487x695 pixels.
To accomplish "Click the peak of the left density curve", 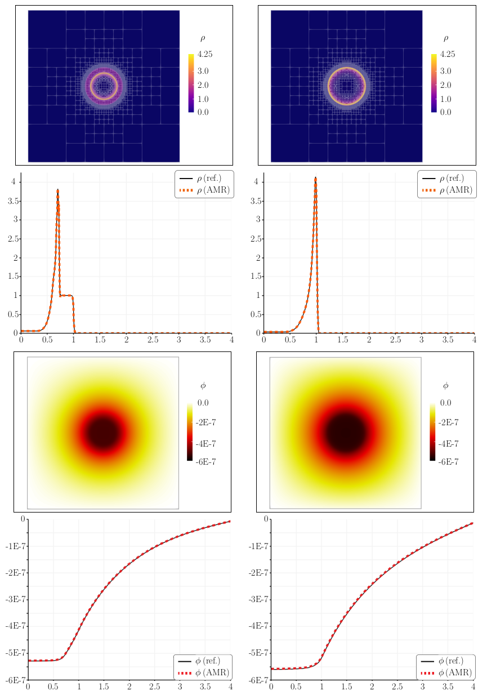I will coord(57,190).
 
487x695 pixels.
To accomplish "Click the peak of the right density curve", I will coord(316,178).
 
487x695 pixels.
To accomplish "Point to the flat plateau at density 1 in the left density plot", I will coord(67,295).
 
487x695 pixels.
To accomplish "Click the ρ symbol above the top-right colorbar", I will coord(446,38).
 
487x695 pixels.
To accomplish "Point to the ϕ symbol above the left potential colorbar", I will coord(203,386).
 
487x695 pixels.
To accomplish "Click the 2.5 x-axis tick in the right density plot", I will coord(395,340).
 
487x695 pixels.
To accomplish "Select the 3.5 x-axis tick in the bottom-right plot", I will coord(448,687).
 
